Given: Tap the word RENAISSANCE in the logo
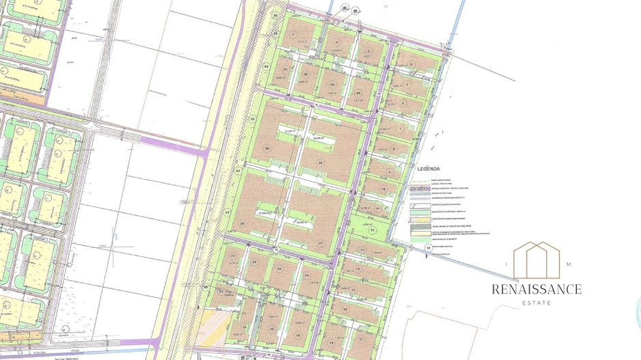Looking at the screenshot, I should pyautogui.click(x=536, y=289).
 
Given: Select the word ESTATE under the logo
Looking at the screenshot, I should pyautogui.click(x=536, y=303).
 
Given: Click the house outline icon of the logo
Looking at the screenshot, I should pyautogui.click(x=536, y=255).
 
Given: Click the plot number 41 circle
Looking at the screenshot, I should pyautogui.click(x=285, y=69).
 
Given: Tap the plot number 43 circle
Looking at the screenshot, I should pyautogui.click(x=332, y=85).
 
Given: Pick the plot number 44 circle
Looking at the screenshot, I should pyautogui.click(x=358, y=93).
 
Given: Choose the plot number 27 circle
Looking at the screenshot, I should pyautogui.click(x=320, y=243).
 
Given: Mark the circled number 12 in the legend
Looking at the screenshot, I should pyautogui.click(x=428, y=249).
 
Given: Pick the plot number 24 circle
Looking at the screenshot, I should pyautogui.click(x=254, y=262).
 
